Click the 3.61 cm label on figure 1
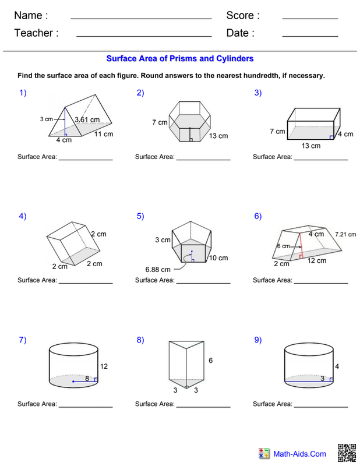[x=87, y=120]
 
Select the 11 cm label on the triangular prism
[x=104, y=134]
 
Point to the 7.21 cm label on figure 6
[x=345, y=234]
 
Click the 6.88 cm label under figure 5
[x=158, y=269]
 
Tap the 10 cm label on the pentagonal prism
[x=218, y=258]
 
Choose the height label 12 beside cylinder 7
[x=105, y=366]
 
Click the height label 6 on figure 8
[x=210, y=361]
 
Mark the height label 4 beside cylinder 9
[x=337, y=366]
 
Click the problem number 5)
[x=140, y=216]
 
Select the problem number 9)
[x=257, y=340]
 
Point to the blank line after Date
[x=310, y=37]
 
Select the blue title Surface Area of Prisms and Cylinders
[x=179, y=59]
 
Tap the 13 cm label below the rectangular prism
[x=311, y=146]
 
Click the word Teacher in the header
[x=36, y=33]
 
